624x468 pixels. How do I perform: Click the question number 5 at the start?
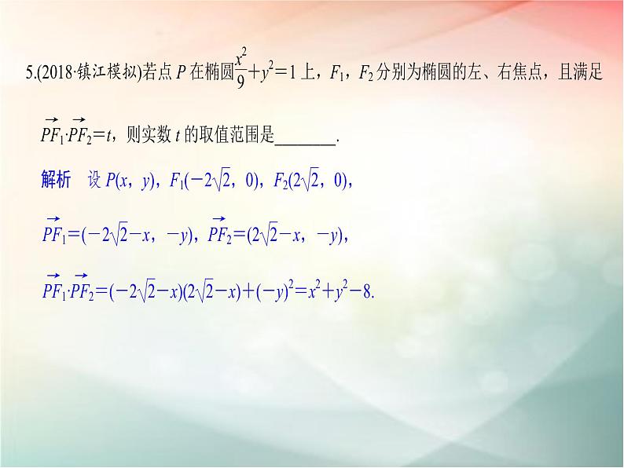pos(28,75)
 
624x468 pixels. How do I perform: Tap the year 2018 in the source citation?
pos(52,75)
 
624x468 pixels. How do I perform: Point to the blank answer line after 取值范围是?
pos(306,135)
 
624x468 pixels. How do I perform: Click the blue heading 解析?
pos(55,181)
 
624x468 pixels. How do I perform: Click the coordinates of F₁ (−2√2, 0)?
pos(223,181)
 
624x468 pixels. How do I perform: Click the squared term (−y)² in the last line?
pos(274,290)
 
